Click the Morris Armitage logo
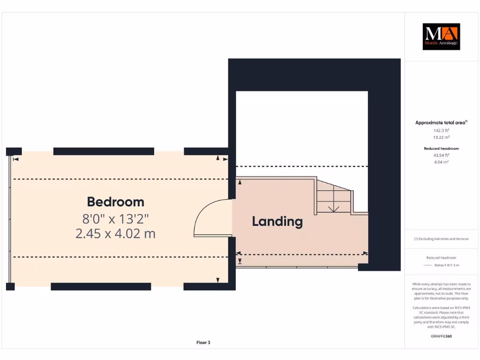[441, 37]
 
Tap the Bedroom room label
[115, 202]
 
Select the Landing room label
[277, 221]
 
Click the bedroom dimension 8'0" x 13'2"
[115, 218]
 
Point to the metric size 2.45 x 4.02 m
[115, 233]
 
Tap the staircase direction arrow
[333, 209]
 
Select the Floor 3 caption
[203, 343]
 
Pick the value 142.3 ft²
[441, 130]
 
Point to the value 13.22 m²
[441, 137]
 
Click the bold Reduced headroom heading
[441, 148]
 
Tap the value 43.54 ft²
[441, 155]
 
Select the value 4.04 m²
[441, 162]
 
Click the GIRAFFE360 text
[441, 336]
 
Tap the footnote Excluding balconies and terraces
[441, 239]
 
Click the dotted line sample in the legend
[427, 265]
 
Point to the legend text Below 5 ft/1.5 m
[447, 265]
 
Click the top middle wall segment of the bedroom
[104, 151]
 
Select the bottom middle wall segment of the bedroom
[101, 286]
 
